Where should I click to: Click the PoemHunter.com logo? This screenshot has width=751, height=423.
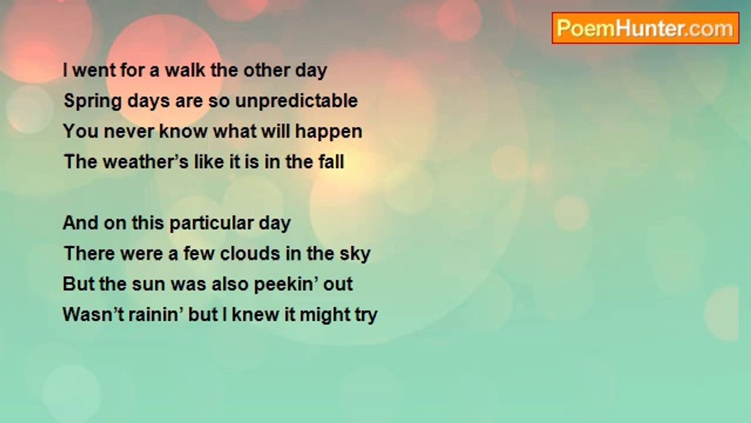click(x=645, y=28)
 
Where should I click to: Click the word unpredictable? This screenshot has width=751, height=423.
click(x=296, y=100)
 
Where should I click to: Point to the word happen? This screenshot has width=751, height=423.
click(x=329, y=132)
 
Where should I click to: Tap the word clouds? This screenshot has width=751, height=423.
click(x=250, y=253)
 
